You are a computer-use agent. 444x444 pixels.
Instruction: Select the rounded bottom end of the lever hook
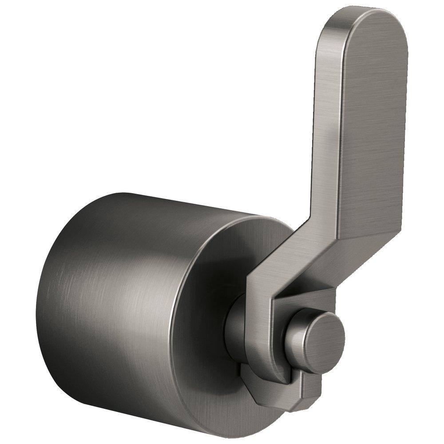click(271, 377)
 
